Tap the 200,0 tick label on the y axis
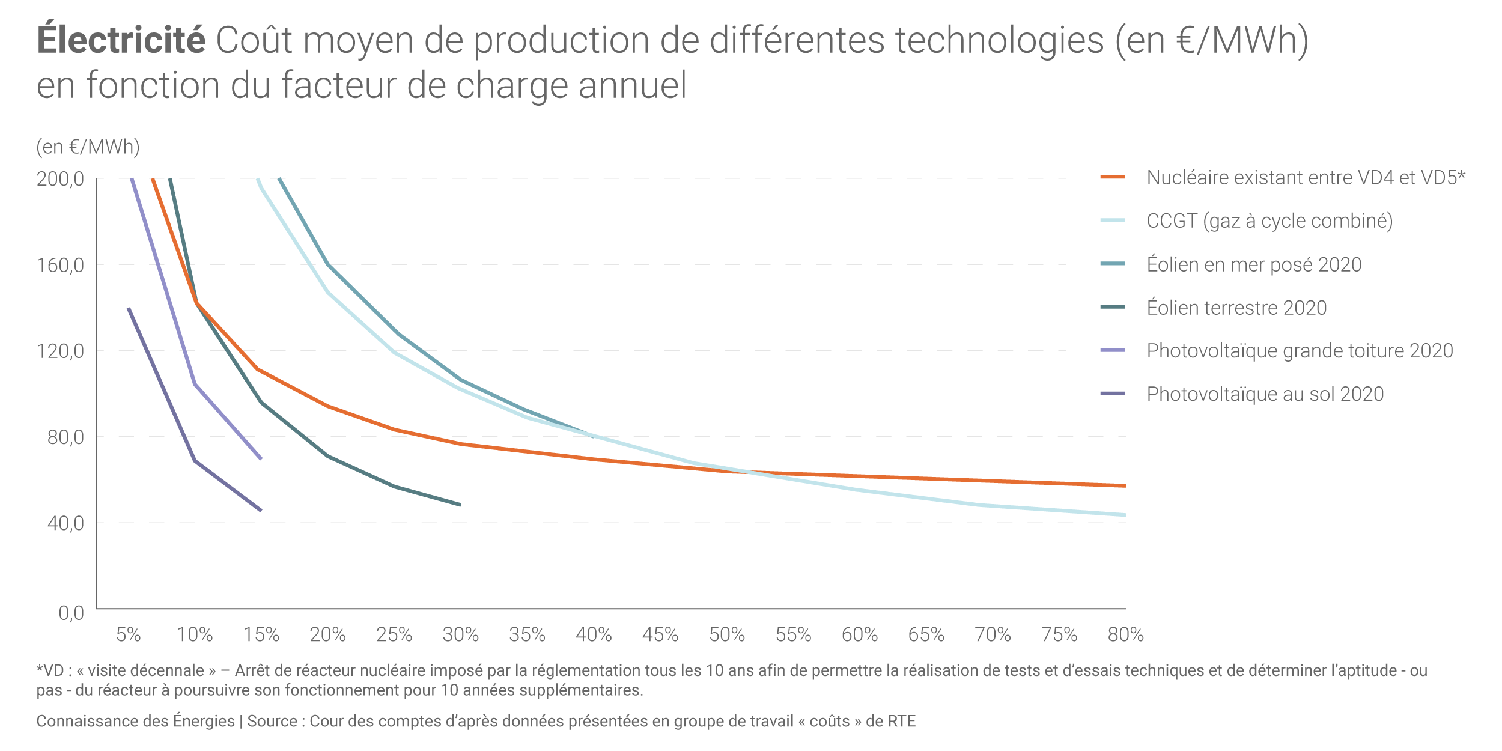(x=60, y=179)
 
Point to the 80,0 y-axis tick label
(x=65, y=437)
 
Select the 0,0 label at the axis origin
(x=71, y=613)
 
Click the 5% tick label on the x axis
(x=129, y=635)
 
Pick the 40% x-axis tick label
(x=594, y=635)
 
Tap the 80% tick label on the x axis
(x=1125, y=635)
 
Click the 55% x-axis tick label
(x=793, y=635)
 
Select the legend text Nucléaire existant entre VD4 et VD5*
(x=1306, y=178)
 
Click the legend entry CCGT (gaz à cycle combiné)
(x=1269, y=221)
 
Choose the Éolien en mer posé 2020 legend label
(x=1253, y=264)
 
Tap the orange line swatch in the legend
(x=1112, y=177)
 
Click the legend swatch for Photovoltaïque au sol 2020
(x=1112, y=394)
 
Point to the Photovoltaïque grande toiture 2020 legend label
(x=1300, y=351)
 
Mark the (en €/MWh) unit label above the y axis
(x=88, y=147)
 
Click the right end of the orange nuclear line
(x=1124, y=485)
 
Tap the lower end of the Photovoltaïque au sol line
(x=261, y=510)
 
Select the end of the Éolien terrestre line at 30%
(x=460, y=505)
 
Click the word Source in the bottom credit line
(x=272, y=722)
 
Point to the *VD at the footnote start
(x=50, y=671)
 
